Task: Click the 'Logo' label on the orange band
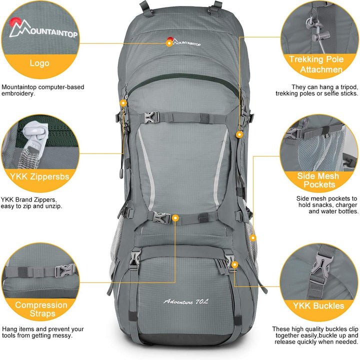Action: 39,63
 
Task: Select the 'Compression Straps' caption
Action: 41,309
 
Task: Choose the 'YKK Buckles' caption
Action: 319,305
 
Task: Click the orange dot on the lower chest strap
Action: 175,218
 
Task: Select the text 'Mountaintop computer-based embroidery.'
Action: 42,90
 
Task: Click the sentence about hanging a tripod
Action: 317,90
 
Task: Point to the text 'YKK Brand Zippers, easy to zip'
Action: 38,202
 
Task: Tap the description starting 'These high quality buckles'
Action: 315,335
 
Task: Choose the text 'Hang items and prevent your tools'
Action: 42,332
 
